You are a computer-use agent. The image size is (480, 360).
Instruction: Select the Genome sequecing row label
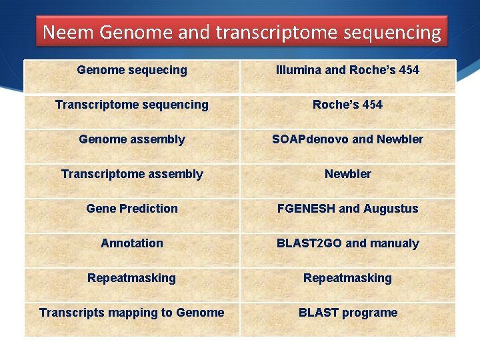[x=132, y=70]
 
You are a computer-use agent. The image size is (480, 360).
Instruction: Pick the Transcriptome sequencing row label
[x=132, y=105]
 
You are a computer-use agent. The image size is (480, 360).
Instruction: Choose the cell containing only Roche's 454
[x=347, y=105]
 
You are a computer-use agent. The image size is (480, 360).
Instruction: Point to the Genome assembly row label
[x=132, y=139]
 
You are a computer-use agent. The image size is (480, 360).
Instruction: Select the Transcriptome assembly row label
[x=132, y=174]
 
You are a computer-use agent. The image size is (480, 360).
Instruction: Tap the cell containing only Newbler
[x=347, y=174]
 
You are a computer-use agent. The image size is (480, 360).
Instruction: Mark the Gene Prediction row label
[x=132, y=209]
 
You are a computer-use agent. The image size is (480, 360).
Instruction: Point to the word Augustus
[x=391, y=209]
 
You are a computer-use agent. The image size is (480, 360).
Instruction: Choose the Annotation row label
[x=132, y=243]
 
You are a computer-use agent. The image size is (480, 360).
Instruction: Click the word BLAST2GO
[x=309, y=243]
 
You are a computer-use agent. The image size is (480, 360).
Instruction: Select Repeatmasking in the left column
[x=132, y=278]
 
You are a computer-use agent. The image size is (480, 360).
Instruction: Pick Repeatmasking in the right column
[x=347, y=278]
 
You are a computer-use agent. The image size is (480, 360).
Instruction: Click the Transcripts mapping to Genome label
[x=132, y=313]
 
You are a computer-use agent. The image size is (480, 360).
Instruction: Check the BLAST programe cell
[x=347, y=313]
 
